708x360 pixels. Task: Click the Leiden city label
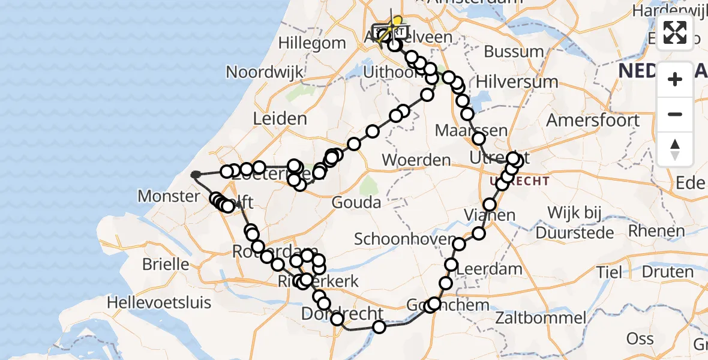point(280,119)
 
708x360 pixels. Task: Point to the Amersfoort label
point(593,120)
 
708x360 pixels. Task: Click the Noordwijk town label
point(262,73)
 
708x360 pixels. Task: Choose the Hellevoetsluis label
point(159,302)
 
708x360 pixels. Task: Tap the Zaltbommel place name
point(541,317)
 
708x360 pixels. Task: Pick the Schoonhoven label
point(405,239)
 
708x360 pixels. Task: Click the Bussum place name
point(514,52)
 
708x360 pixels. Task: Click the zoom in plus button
point(675,79)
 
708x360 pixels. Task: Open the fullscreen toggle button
point(675,32)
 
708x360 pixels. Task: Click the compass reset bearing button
point(675,149)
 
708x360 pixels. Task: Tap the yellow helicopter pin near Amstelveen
point(397,22)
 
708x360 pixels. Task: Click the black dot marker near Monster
point(195,175)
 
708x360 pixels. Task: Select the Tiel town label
point(609,272)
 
